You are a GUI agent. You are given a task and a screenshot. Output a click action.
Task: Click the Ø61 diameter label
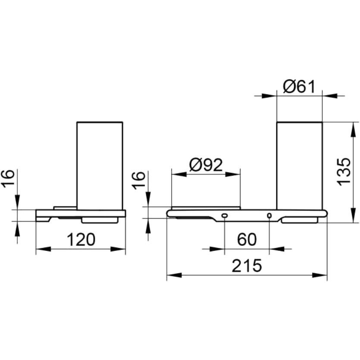[299, 87]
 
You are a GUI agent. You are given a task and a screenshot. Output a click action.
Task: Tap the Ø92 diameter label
[206, 165]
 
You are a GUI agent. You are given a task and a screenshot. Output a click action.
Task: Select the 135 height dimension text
[344, 172]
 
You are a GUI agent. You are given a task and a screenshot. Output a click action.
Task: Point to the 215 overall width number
[247, 266]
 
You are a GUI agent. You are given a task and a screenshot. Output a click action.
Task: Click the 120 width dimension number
[81, 239]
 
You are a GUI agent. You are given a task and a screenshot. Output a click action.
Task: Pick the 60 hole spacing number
[247, 239]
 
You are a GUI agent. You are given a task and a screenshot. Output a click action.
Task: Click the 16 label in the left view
[9, 179]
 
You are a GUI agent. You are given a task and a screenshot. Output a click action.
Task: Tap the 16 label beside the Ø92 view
[139, 181]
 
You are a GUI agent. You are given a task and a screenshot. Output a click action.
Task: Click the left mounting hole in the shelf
[224, 216]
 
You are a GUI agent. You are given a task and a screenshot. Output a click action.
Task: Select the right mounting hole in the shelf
[269, 216]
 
